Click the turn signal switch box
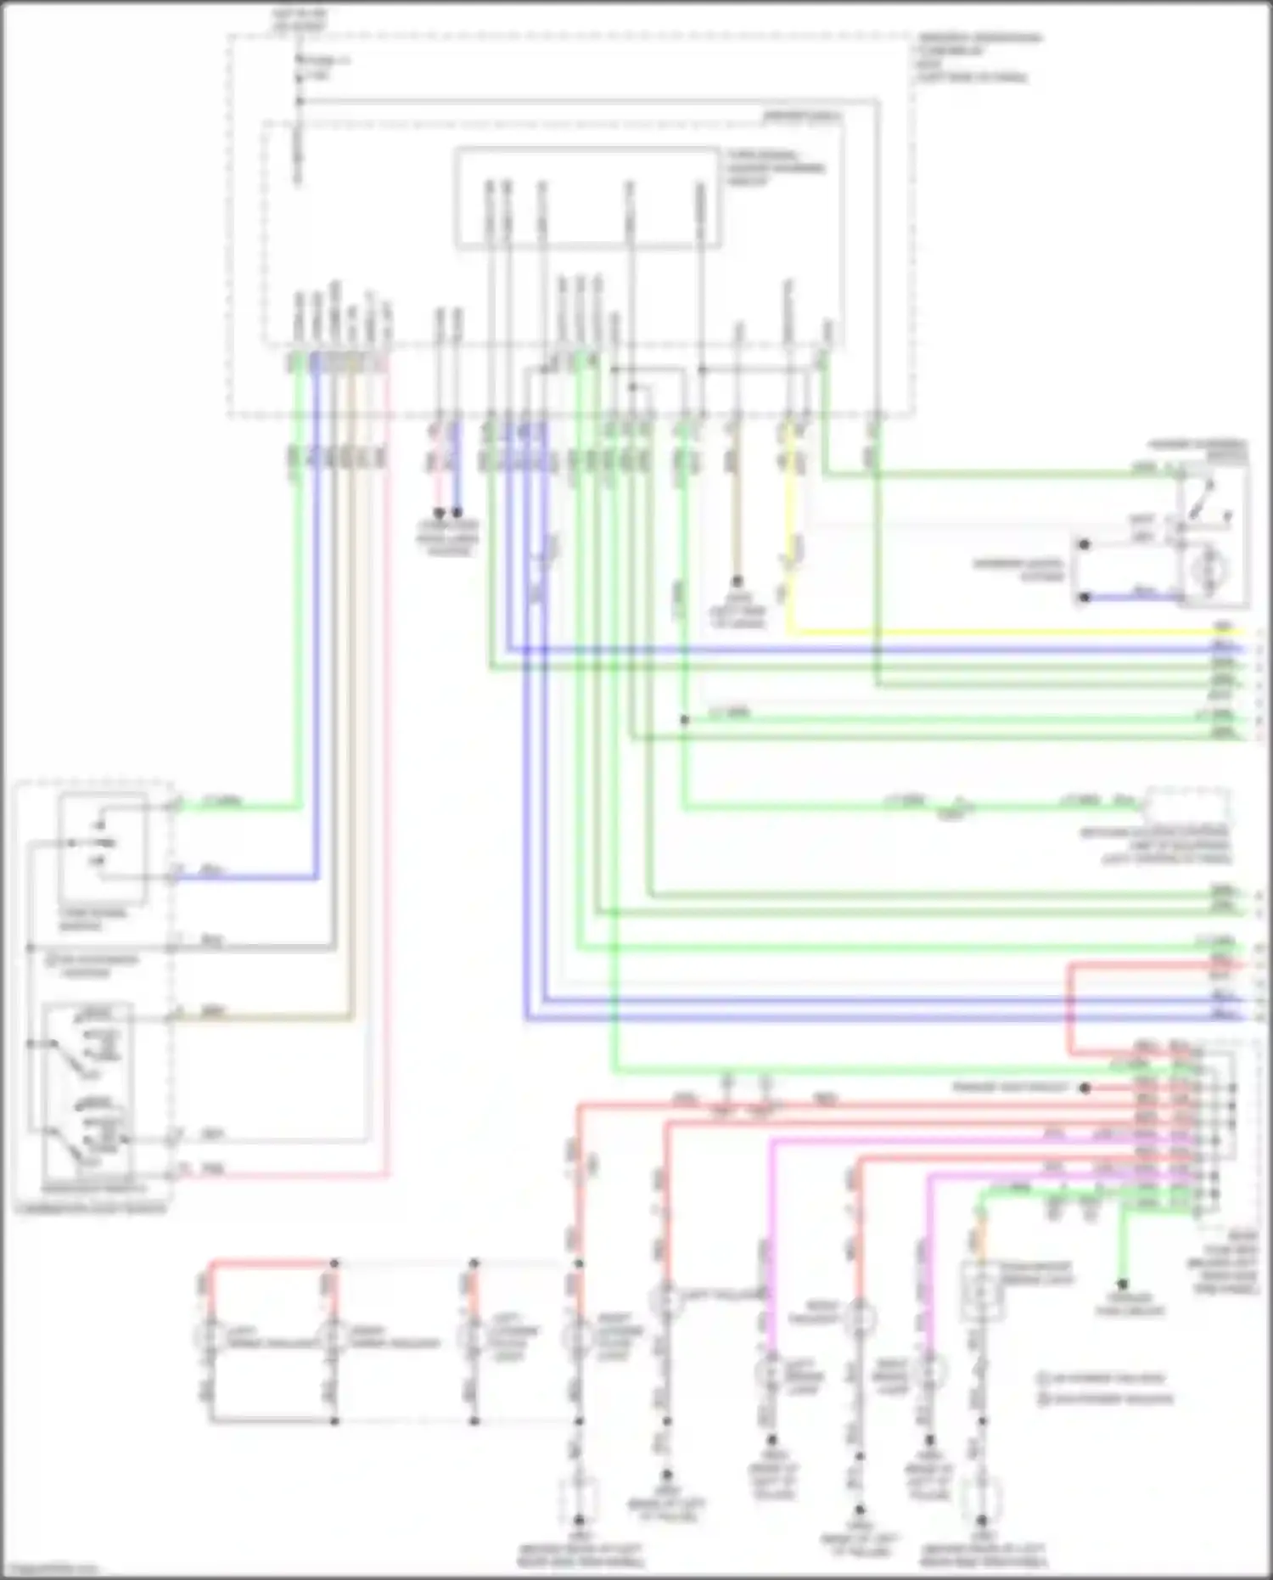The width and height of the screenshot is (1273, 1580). pyautogui.click(x=102, y=848)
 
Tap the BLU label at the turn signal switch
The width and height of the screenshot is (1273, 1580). pyautogui.click(x=210, y=870)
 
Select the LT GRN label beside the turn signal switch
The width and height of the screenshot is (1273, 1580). pyautogui.click(x=222, y=801)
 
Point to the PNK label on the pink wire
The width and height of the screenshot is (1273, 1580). pyautogui.click(x=213, y=1170)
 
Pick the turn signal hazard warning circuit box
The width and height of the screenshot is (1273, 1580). pyautogui.click(x=588, y=198)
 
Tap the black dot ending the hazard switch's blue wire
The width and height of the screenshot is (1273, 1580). pyautogui.click(x=1084, y=597)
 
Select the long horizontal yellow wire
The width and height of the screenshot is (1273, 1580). pyautogui.click(x=1001, y=633)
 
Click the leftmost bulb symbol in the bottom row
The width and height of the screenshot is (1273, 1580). pyautogui.click(x=209, y=1336)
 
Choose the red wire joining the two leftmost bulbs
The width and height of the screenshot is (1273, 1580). pyautogui.click(x=272, y=1263)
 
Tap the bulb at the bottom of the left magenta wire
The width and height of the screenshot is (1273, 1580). pyautogui.click(x=771, y=1370)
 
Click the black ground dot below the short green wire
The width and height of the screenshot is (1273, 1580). pyautogui.click(x=1122, y=1284)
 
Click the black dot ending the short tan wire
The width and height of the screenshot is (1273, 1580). pyautogui.click(x=737, y=582)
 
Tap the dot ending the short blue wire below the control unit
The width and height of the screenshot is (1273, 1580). pyautogui.click(x=457, y=513)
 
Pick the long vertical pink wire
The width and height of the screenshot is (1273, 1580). pyautogui.click(x=388, y=764)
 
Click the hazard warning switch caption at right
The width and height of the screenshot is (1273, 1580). pyautogui.click(x=1197, y=450)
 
